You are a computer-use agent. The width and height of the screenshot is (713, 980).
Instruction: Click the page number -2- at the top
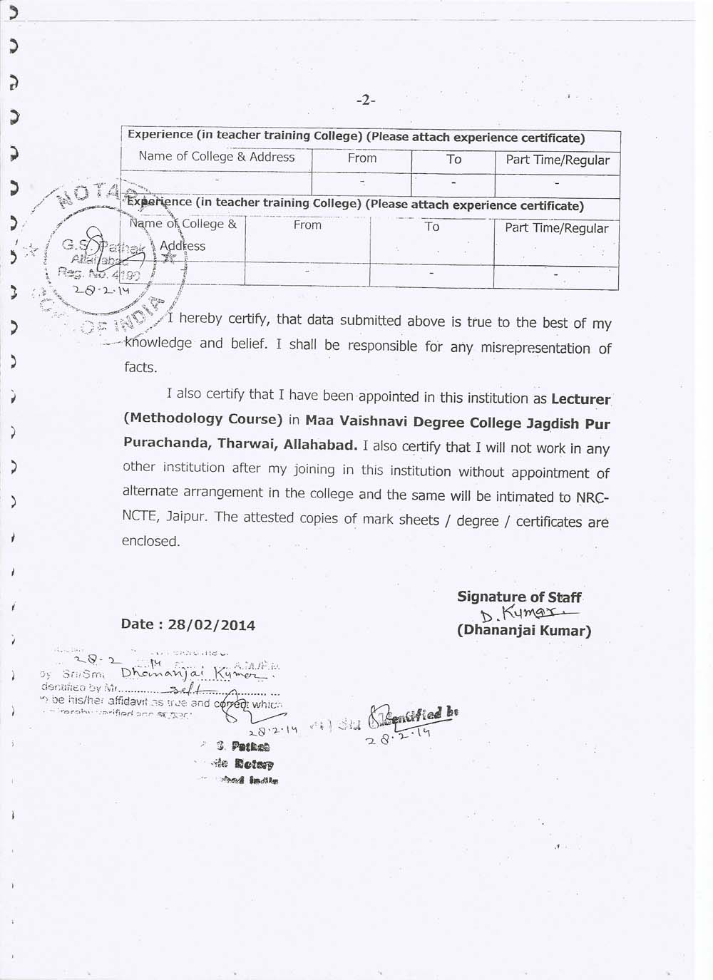pyautogui.click(x=365, y=100)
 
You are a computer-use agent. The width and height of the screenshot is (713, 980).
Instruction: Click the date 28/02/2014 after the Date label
pyautogui.click(x=212, y=625)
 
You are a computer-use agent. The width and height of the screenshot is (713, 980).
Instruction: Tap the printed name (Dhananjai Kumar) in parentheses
pyautogui.click(x=524, y=631)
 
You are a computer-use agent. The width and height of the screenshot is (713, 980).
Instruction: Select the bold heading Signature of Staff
pyautogui.click(x=519, y=597)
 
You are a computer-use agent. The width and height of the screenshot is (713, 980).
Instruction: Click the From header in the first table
pyautogui.click(x=362, y=158)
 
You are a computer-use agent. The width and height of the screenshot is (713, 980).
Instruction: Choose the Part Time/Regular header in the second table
pyautogui.click(x=556, y=228)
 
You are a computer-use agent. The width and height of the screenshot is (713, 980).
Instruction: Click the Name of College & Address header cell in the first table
pyautogui.click(x=217, y=157)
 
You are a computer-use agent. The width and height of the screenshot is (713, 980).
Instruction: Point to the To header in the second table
pyautogui.click(x=432, y=227)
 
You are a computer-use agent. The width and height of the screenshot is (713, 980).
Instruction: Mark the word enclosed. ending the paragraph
pyautogui.click(x=150, y=541)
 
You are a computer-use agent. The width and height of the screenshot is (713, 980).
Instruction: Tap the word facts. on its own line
pyautogui.click(x=140, y=368)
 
